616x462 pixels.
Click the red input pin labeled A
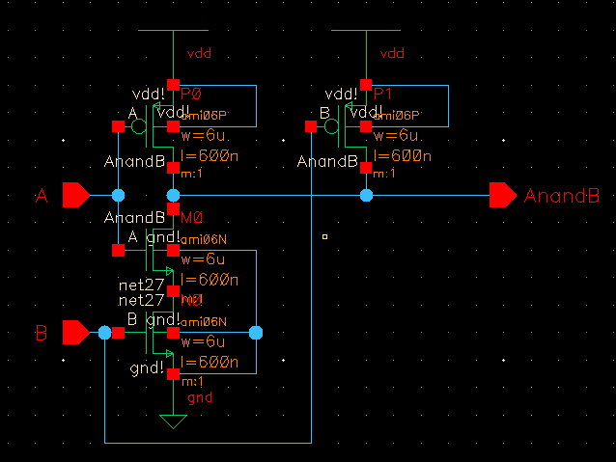click(x=75, y=196)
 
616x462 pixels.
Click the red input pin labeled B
click(x=75, y=333)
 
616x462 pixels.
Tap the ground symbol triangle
click(x=173, y=421)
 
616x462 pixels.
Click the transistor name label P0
click(x=191, y=94)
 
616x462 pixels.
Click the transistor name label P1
click(x=383, y=94)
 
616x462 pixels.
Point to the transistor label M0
click(x=191, y=220)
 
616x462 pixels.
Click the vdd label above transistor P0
click(x=199, y=54)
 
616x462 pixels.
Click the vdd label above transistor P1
click(x=392, y=54)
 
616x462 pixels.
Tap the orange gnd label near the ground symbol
click(x=200, y=397)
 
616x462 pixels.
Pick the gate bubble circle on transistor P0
click(x=139, y=126)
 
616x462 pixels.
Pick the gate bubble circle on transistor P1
click(x=332, y=126)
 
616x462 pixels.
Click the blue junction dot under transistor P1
click(x=366, y=196)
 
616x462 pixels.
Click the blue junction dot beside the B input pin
click(x=104, y=333)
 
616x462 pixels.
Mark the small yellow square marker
click(x=325, y=236)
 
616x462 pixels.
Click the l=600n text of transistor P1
click(x=402, y=156)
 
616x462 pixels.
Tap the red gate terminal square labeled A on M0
click(x=118, y=251)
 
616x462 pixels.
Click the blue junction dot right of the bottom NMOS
click(x=256, y=333)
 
